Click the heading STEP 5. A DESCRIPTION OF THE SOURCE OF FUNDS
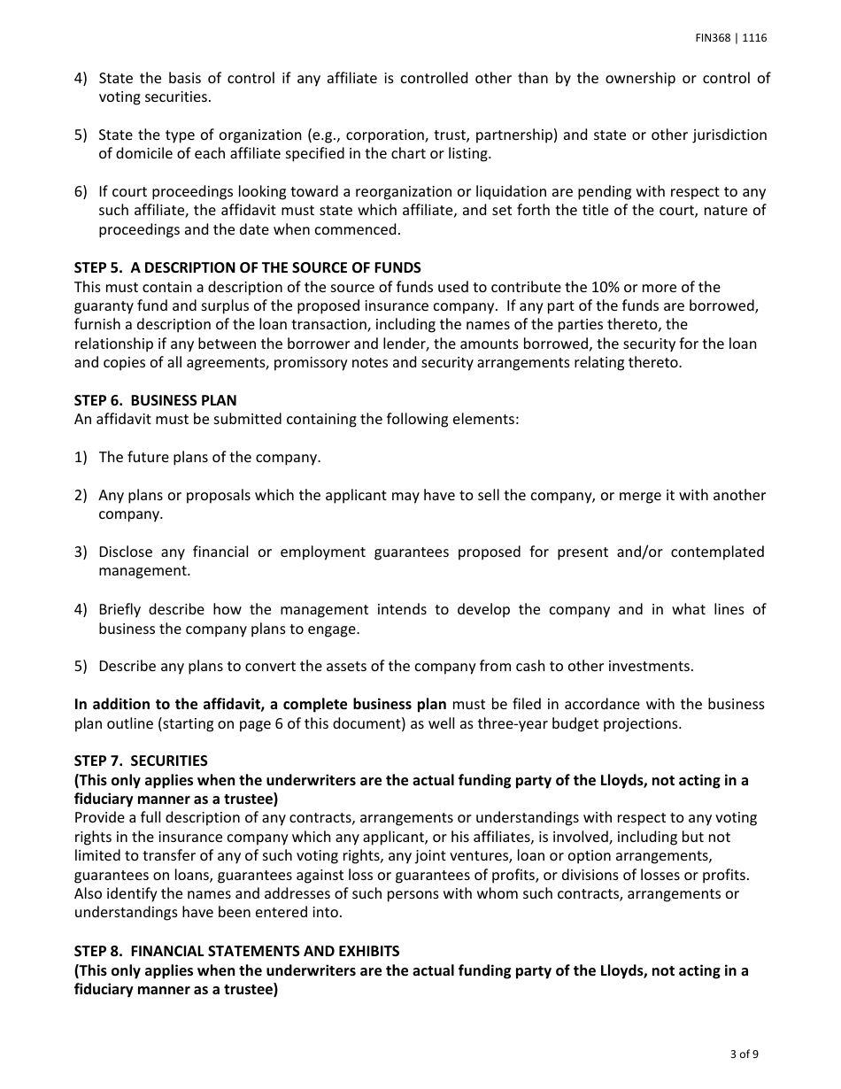[x=248, y=267]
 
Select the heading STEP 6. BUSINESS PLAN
[x=156, y=400]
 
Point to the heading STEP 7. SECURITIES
[x=142, y=761]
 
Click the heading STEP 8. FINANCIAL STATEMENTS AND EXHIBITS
[x=237, y=951]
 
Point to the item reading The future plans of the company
[x=210, y=457]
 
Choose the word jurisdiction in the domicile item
[x=730, y=135]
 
